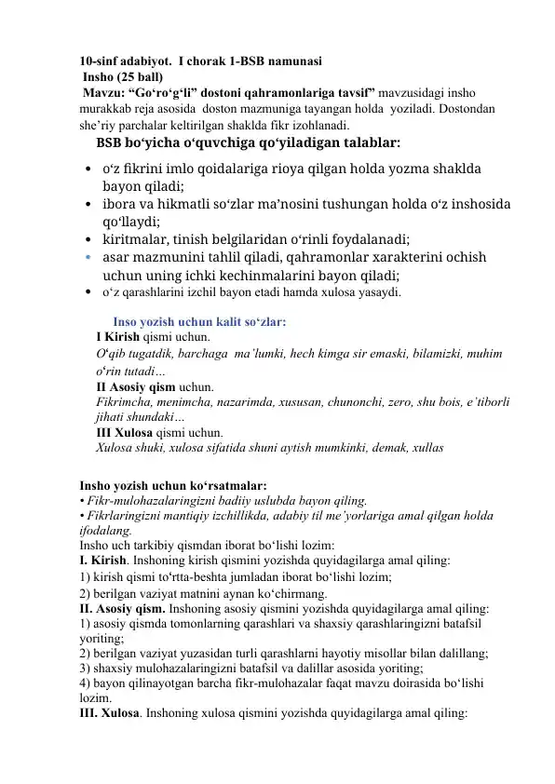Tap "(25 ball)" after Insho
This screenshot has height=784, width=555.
(x=140, y=75)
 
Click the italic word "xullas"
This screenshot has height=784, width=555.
(x=426, y=448)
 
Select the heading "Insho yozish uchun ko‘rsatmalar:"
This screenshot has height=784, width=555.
(x=173, y=486)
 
